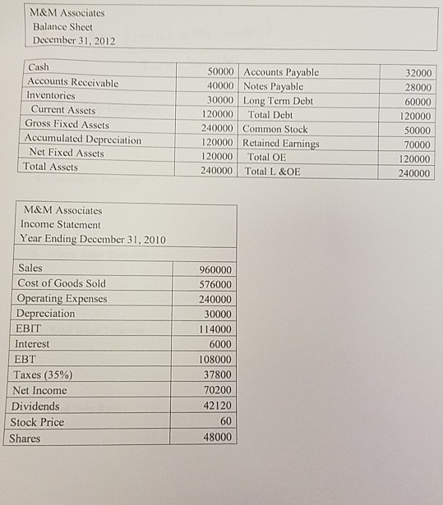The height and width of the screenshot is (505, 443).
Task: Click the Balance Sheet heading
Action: tap(62, 26)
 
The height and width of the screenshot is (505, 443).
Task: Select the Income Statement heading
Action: tap(59, 224)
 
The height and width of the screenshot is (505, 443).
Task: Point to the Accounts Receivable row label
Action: tap(73, 82)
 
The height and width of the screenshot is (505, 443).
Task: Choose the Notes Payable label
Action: tap(274, 86)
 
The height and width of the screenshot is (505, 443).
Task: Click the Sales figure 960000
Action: tap(217, 270)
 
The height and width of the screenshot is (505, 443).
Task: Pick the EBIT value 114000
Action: tap(217, 329)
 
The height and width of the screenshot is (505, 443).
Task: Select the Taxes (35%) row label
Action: tap(41, 374)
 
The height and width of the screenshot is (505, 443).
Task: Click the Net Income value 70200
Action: tap(217, 390)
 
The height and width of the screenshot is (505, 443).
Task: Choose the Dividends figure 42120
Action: tap(217, 406)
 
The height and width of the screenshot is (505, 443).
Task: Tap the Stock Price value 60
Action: tap(226, 421)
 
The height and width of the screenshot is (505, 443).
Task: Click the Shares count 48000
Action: tap(217, 438)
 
